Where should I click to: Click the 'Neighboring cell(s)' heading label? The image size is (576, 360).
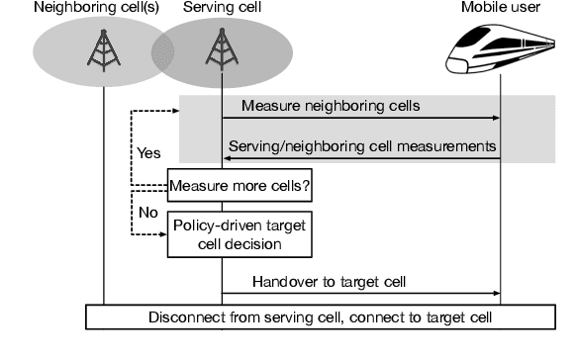coord(84,9)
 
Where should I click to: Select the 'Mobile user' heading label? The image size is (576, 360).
coord(500,9)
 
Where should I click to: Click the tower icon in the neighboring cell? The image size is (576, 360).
coord(102,48)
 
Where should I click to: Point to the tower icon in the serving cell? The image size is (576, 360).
coord(222,48)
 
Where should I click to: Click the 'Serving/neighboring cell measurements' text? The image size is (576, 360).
coord(362,144)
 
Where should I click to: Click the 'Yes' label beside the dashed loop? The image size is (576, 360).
coord(149,153)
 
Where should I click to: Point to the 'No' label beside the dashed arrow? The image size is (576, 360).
coord(147,212)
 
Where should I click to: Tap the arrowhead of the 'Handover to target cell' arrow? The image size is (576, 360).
coord(494,293)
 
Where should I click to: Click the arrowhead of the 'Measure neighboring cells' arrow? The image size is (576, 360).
coord(494,118)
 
